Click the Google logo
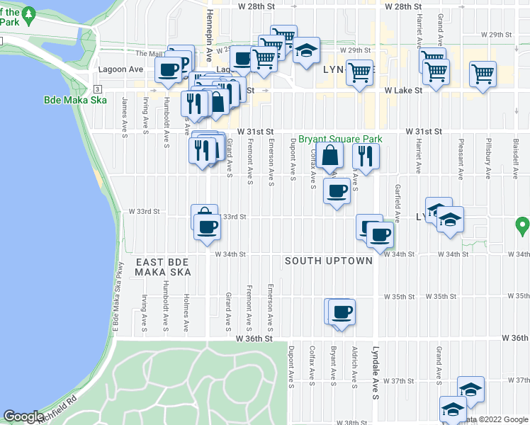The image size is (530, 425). click(x=23, y=416)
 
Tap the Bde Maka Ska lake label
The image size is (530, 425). click(x=74, y=100)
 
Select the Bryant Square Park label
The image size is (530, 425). click(x=339, y=140)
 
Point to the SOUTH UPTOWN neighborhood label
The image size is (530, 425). click(x=328, y=261)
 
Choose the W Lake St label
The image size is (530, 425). click(x=403, y=91)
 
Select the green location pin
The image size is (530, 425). click(x=523, y=227)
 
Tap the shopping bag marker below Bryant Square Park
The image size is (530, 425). click(x=330, y=154)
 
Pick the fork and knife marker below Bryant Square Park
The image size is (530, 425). click(x=364, y=155)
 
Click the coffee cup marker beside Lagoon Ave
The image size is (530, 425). click(x=169, y=69)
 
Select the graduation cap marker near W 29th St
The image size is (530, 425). click(x=307, y=51)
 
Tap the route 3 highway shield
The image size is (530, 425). click(x=97, y=88)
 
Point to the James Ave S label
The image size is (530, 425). click(x=125, y=112)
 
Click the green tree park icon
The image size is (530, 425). click(x=28, y=14)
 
